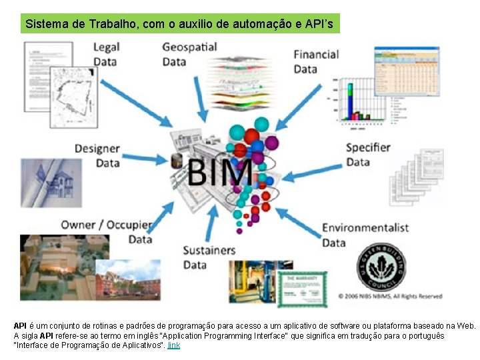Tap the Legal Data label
pyautogui.click(x=105, y=54)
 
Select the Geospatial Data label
pyautogui.click(x=189, y=54)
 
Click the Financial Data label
pyautogui.click(x=316, y=61)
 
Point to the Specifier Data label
pyautogui.click(x=367, y=154)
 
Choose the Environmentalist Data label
pyautogui.click(x=365, y=235)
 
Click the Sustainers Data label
pyautogui.click(x=209, y=257)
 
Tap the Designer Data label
pyautogui.click(x=97, y=155)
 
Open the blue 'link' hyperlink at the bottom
pyautogui.click(x=174, y=345)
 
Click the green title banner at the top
pyautogui.click(x=180, y=24)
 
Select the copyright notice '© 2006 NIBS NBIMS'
pyautogui.click(x=389, y=296)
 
